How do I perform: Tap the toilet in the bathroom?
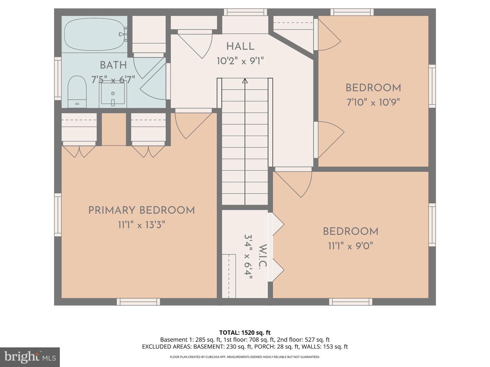[77, 91]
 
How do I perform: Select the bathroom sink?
[113, 94]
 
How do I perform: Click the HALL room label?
[240, 47]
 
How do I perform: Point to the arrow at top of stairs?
[245, 81]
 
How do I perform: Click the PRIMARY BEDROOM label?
[142, 210]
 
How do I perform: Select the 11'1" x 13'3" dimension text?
[142, 225]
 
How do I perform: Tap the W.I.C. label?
[262, 257]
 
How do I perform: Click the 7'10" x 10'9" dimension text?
[373, 102]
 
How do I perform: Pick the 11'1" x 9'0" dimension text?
[350, 246]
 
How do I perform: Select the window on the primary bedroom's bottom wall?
[138, 301]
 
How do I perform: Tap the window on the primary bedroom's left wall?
[58, 215]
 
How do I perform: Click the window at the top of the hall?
[245, 12]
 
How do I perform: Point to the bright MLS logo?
[30, 357]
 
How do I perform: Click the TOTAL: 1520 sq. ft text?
[245, 332]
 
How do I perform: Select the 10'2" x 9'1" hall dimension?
[240, 61]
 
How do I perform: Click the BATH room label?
[113, 65]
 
